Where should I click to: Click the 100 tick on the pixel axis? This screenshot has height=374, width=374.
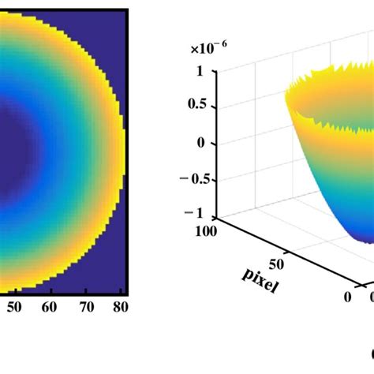[x=208, y=231]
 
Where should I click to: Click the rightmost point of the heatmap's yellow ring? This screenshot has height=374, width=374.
[x=122, y=150]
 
